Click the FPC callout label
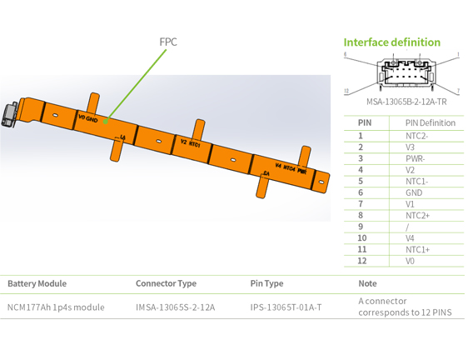pos(168,42)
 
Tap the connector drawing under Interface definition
pos(402,74)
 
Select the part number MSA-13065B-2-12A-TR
pos(402,102)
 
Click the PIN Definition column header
pos(430,122)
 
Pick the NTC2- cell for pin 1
pos(416,135)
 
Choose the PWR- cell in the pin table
pos(415,158)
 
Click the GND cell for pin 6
pos(414,192)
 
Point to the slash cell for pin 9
pos(407,227)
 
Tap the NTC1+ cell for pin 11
pos(417,249)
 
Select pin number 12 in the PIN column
pos(361,261)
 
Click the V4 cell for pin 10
pos(410,238)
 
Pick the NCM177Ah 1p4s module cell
pos(56,307)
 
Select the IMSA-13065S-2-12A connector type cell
pos(175,307)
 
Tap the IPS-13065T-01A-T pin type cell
pos(286,307)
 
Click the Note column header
pos(367,284)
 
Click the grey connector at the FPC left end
pos(12,115)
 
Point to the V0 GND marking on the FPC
pos(87,119)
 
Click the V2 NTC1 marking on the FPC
pos(190,143)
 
